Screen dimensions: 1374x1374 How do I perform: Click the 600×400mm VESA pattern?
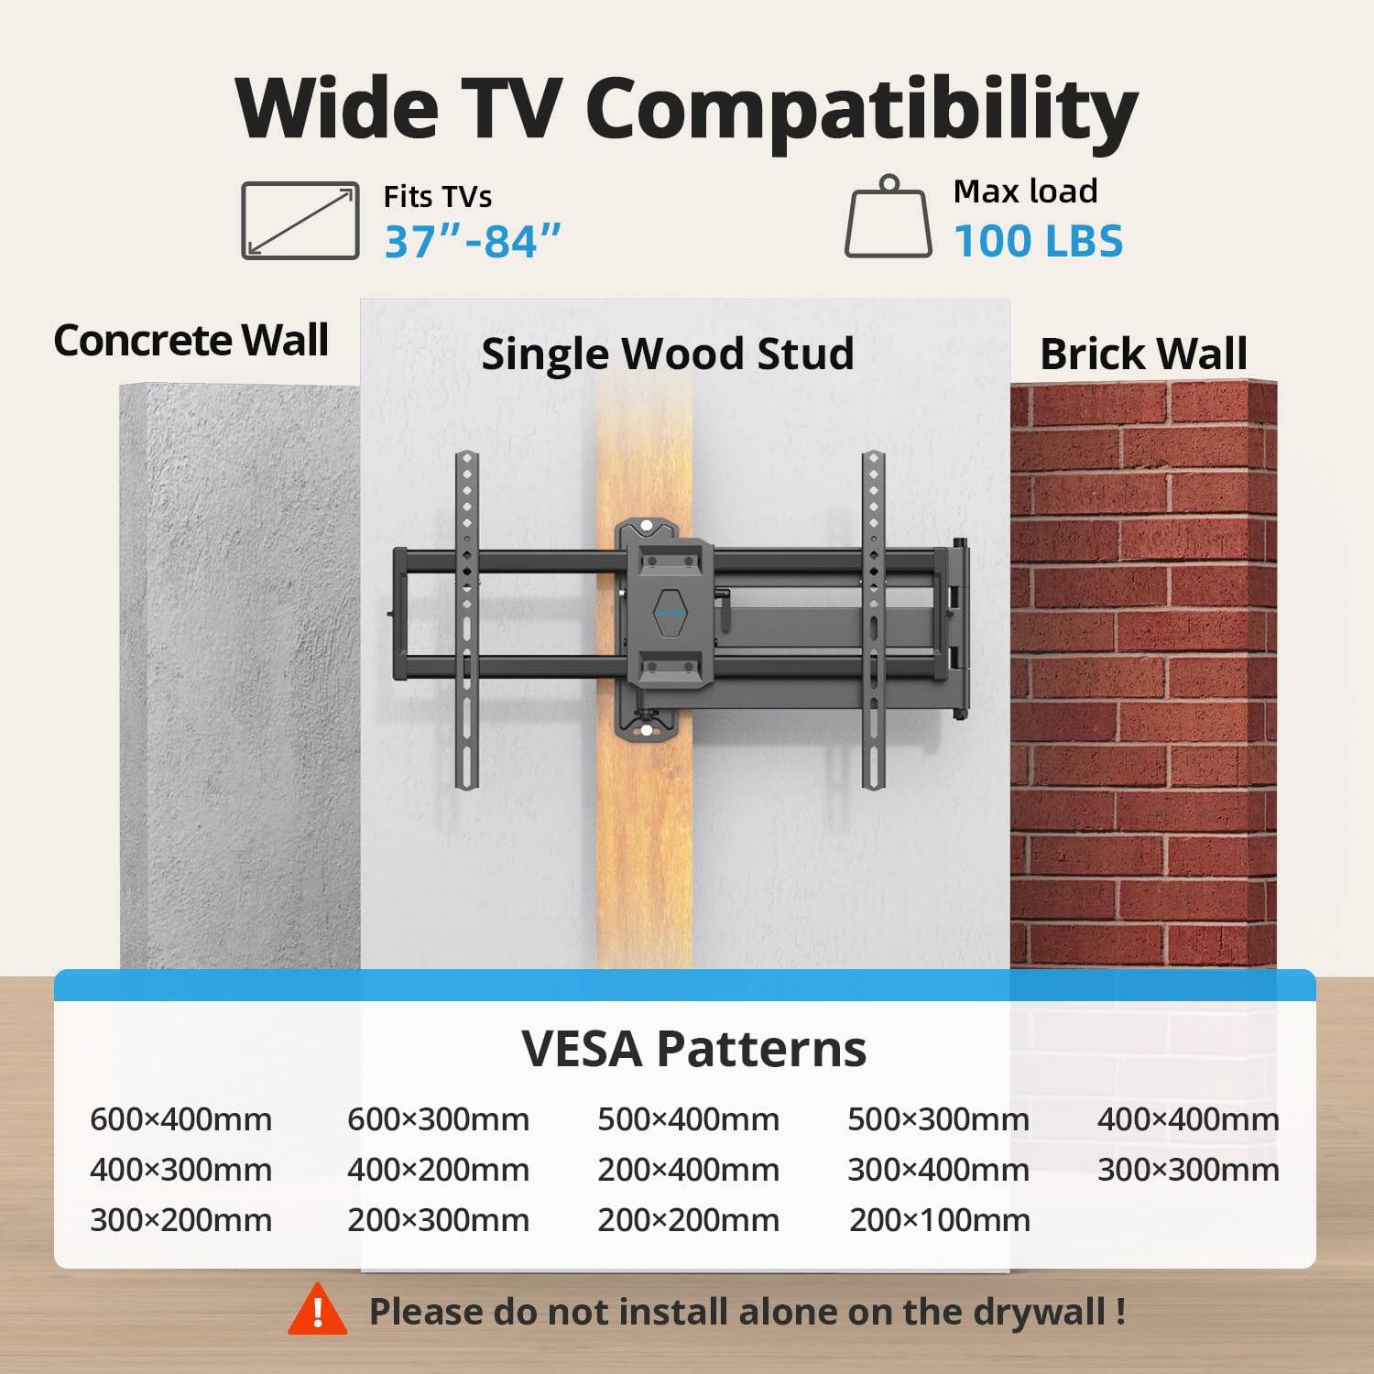pyautogui.click(x=180, y=1119)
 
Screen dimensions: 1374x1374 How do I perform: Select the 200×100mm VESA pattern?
pyautogui.click(x=939, y=1220)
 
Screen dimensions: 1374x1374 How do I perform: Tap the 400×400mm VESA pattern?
pyautogui.click(x=1187, y=1119)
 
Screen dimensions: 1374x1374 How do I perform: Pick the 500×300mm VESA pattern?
pyautogui.click(x=938, y=1119)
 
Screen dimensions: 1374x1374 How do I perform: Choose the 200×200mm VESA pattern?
pyautogui.click(x=688, y=1220)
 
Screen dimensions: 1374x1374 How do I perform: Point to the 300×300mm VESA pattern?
pyautogui.click(x=1187, y=1170)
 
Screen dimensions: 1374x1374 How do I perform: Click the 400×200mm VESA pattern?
pyautogui.click(x=438, y=1170)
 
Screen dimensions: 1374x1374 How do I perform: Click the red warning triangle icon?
pyautogui.click(x=318, y=1311)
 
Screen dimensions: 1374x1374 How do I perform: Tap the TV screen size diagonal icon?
pyautogui.click(x=300, y=221)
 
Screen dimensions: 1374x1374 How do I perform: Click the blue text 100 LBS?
pyautogui.click(x=1038, y=241)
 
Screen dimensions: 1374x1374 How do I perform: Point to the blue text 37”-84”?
pyautogui.click(x=472, y=242)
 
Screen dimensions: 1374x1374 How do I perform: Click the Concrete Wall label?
pyautogui.click(x=191, y=341)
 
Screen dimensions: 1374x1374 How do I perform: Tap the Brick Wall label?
pyautogui.click(x=1143, y=354)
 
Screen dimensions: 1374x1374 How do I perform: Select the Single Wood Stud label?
pyautogui.click(x=667, y=354)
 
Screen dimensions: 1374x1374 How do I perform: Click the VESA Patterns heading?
pyautogui.click(x=693, y=1049)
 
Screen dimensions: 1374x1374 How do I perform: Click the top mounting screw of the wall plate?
pyautogui.click(x=648, y=527)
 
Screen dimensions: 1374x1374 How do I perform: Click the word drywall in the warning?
pyautogui.click(x=1040, y=1312)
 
